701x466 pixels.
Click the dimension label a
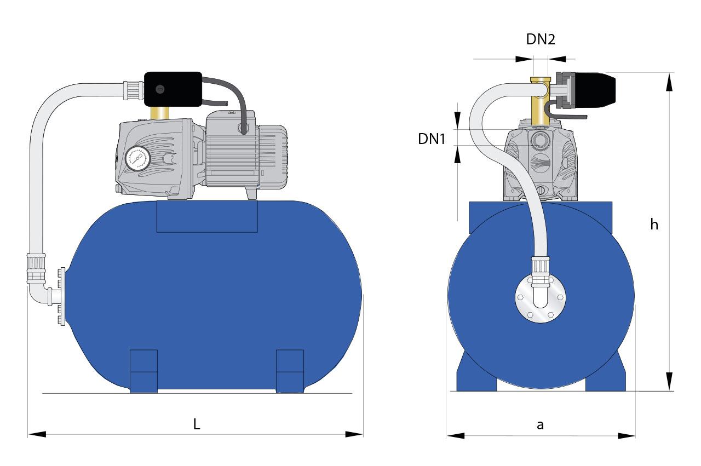click(540, 425)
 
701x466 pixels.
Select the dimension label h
click(654, 225)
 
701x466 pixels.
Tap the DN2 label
click(541, 39)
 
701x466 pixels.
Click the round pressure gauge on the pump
click(136, 158)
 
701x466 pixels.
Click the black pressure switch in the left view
click(172, 89)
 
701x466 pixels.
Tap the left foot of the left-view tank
click(143, 370)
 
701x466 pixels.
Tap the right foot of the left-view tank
click(290, 370)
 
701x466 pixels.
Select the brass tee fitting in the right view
click(541, 101)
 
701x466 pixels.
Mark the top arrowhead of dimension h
click(669, 82)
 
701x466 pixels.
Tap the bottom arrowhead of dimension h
click(669, 381)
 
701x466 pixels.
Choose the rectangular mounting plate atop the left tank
click(207, 216)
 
